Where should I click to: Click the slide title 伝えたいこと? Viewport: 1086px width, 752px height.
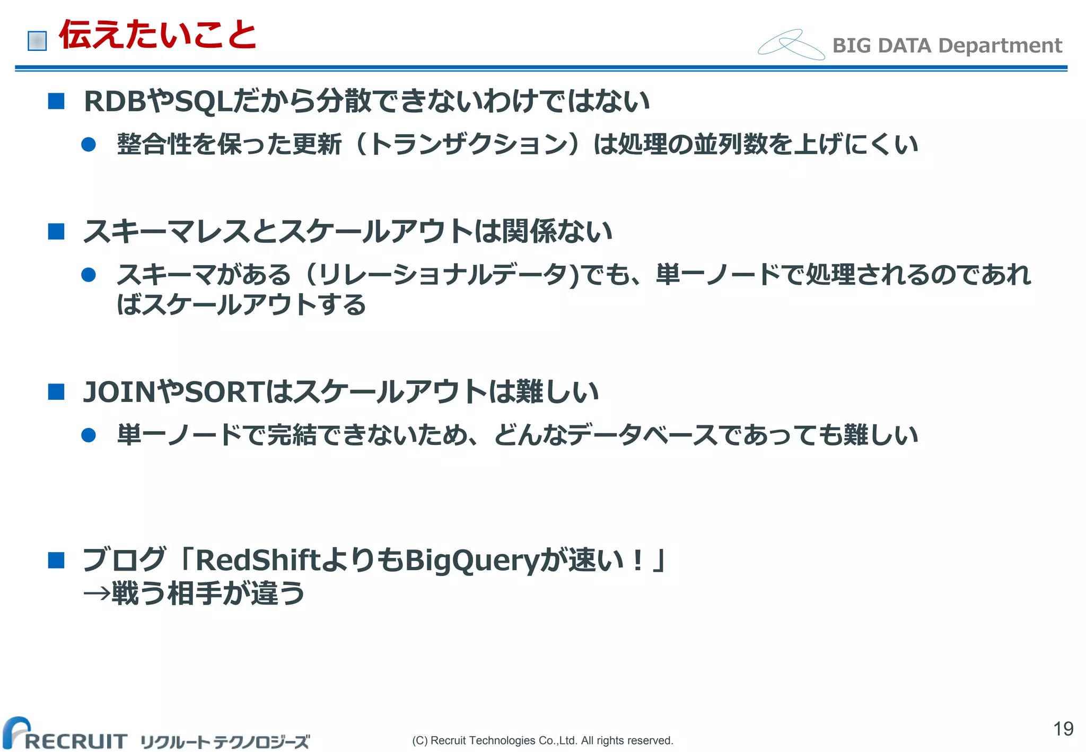click(157, 35)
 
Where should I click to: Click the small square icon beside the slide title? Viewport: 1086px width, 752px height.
click(37, 41)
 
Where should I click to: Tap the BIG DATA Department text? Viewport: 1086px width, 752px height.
click(947, 46)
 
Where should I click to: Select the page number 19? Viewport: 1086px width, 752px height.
click(1063, 729)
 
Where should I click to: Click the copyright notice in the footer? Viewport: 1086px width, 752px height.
click(542, 740)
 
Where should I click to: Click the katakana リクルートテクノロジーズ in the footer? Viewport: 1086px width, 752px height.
click(225, 741)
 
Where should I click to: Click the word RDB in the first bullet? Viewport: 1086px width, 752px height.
click(115, 101)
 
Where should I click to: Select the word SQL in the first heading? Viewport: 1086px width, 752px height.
click(204, 101)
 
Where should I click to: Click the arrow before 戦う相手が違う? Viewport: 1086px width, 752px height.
click(97, 593)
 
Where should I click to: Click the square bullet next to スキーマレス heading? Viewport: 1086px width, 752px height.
click(56, 231)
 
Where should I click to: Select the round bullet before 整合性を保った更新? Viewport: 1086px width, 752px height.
click(89, 144)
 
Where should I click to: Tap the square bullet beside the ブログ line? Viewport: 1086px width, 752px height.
click(56, 560)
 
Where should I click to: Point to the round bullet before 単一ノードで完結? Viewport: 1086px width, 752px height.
click(89, 435)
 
